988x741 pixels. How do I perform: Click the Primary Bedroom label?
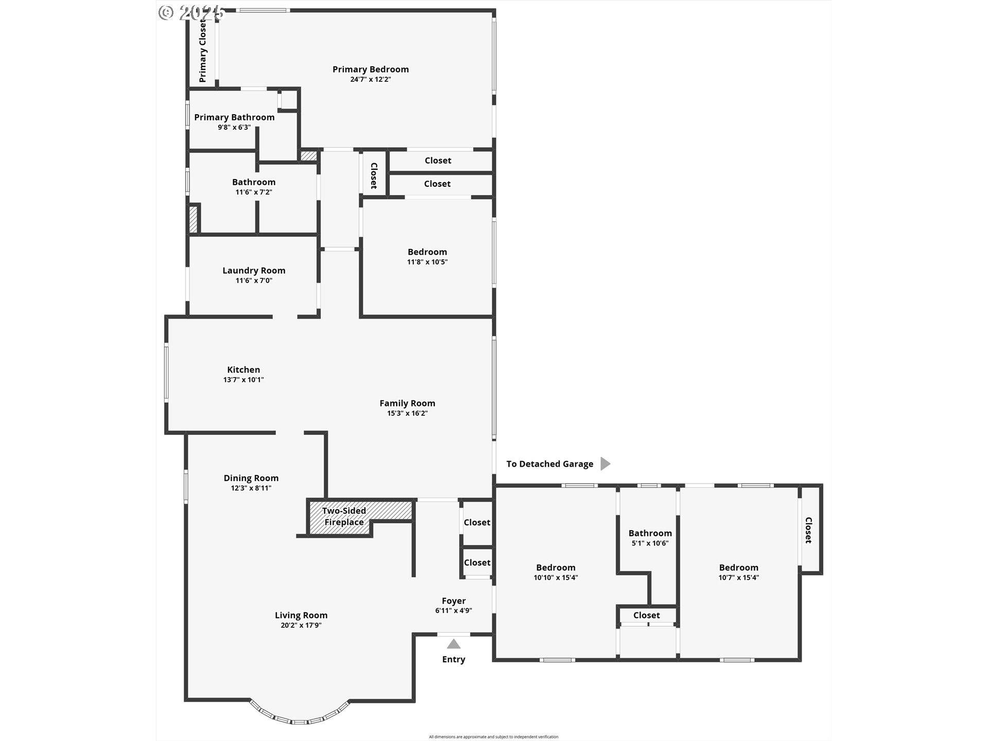370,69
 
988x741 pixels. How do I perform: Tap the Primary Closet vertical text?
203,51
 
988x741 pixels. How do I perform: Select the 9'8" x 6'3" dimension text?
234,127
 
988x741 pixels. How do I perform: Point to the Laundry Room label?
254,271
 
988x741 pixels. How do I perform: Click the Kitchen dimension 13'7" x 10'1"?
243,380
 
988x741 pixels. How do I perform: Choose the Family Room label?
408,403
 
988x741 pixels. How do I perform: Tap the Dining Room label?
251,479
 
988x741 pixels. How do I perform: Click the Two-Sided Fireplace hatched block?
360,517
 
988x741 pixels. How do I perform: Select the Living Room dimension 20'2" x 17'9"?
301,625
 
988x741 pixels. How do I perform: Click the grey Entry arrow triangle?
453,644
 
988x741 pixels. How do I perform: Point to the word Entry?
453,660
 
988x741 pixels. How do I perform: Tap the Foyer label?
454,601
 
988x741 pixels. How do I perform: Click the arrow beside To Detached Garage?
606,464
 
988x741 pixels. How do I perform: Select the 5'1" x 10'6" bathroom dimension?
650,543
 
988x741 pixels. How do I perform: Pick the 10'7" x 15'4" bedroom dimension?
738,577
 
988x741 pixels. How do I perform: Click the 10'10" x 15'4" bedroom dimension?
556,577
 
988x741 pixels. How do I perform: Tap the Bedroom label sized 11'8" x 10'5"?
427,252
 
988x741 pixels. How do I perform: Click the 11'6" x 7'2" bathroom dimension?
254,192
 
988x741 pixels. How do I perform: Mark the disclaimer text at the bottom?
493,737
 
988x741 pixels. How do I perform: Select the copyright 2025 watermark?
191,12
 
